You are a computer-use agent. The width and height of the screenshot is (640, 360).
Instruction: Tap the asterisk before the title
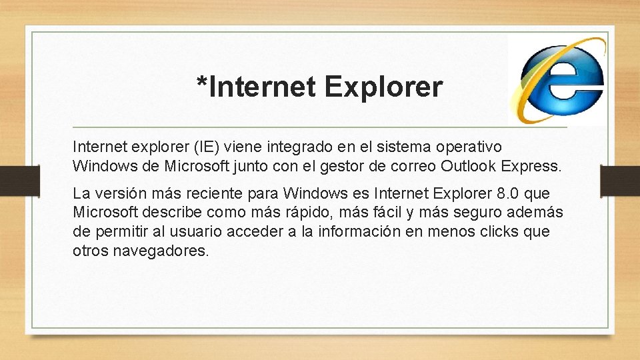click(201, 83)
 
